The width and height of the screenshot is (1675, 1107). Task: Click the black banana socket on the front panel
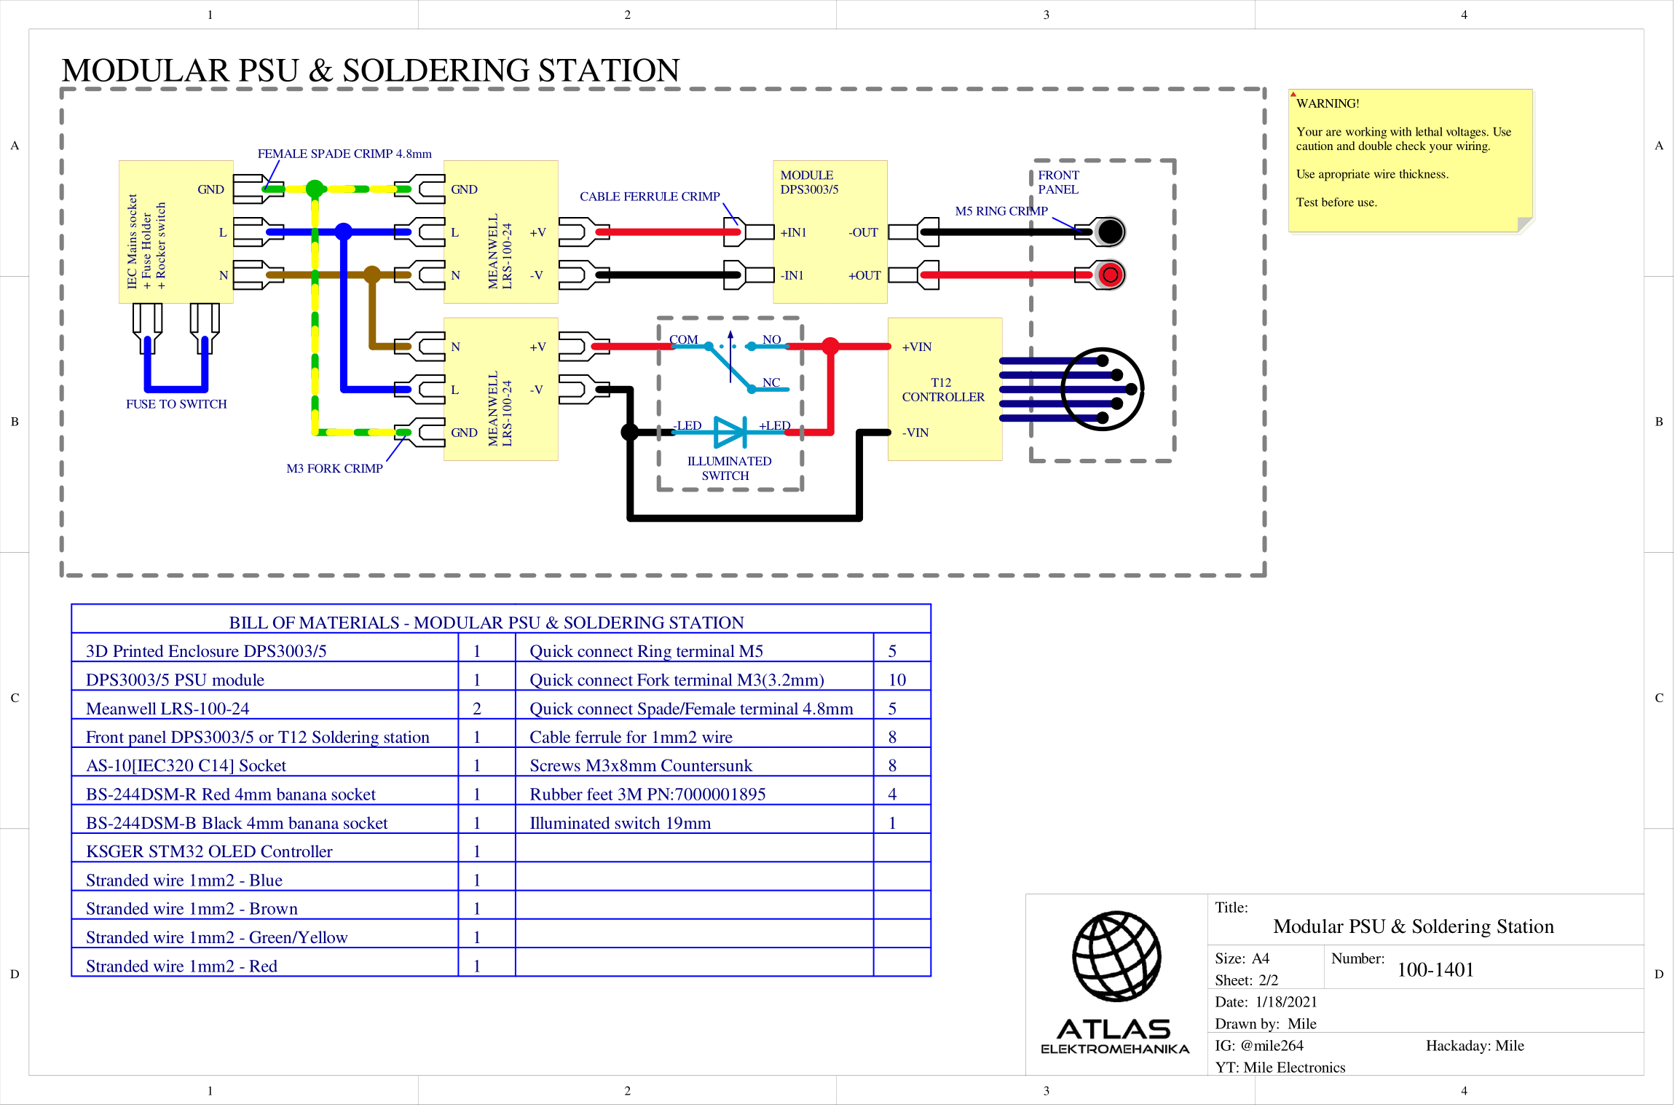point(1110,232)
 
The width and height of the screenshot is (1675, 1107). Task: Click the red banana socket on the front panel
point(1110,275)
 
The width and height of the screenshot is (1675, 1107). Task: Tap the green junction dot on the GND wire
point(315,189)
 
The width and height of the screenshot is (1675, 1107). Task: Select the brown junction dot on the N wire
point(372,275)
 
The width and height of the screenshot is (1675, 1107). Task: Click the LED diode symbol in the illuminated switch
point(730,432)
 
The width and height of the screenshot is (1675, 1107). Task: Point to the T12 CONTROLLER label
point(942,390)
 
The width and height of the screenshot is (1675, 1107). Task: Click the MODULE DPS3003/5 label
point(809,182)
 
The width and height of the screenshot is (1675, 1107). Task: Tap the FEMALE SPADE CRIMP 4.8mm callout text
point(344,154)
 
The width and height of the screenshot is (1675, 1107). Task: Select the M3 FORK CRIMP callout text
point(334,468)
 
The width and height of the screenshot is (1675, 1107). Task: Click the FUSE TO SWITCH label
point(176,404)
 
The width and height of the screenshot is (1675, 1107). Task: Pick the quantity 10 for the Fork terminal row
point(896,680)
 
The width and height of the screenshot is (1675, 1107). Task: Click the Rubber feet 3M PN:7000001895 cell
point(647,795)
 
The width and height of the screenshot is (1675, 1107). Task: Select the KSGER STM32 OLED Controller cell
point(209,851)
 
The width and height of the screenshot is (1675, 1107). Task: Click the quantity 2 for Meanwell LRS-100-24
point(477,709)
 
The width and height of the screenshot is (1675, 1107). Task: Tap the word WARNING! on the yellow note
point(1327,103)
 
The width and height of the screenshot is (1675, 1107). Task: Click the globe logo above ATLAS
point(1116,956)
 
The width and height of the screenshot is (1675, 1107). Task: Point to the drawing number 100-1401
point(1435,970)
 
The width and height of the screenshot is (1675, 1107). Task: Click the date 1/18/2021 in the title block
point(1285,1002)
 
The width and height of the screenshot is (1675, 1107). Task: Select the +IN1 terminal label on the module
point(793,232)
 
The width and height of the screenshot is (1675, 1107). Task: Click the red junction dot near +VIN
point(829,346)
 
